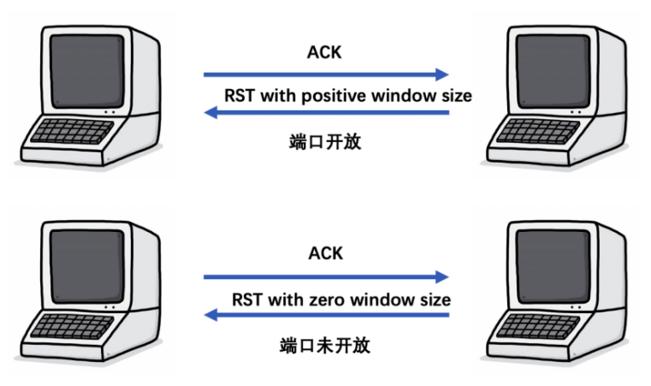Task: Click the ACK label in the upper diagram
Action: click(325, 51)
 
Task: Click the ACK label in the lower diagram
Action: click(325, 252)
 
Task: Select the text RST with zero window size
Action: click(341, 300)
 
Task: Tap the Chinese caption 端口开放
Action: click(326, 141)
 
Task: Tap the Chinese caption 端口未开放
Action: click(326, 346)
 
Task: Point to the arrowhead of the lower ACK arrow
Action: click(442, 276)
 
